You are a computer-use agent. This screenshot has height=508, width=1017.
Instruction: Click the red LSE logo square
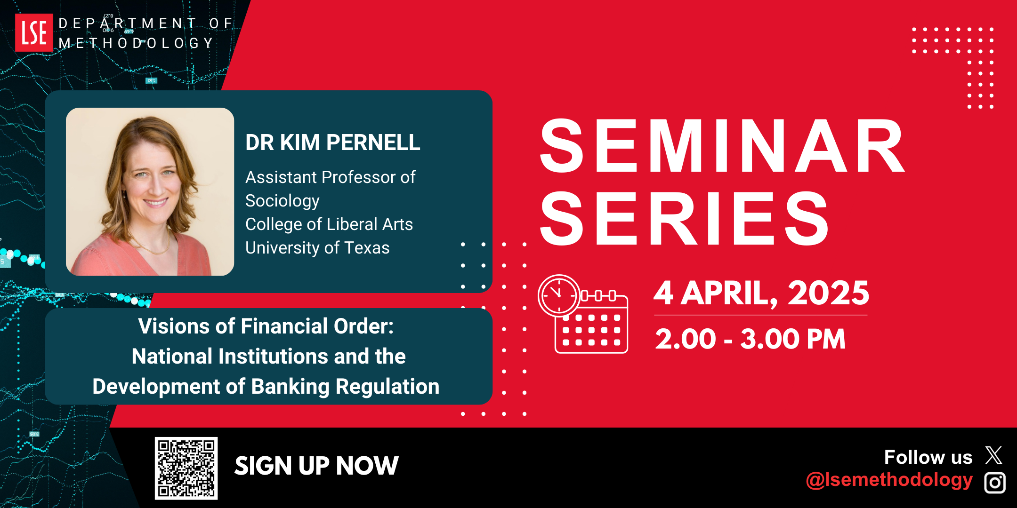(34, 32)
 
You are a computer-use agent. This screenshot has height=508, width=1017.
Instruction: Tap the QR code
(186, 468)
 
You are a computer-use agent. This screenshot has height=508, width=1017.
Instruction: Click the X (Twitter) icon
(994, 455)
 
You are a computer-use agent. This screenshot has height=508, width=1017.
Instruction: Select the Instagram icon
(995, 483)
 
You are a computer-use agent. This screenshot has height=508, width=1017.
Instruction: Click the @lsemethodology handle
(889, 480)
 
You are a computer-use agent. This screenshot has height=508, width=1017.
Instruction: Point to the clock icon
(559, 295)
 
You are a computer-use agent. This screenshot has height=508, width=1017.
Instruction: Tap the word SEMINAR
(722, 146)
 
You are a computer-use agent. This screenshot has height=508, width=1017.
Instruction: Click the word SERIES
(685, 219)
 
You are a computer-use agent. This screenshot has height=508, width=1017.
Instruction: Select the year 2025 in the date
(829, 293)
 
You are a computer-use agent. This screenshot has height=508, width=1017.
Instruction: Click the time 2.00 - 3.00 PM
(751, 339)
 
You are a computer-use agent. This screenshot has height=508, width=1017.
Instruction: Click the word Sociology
(282, 201)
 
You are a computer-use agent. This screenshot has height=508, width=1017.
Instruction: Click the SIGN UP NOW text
(316, 466)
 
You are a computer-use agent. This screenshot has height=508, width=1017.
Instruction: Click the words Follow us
(928, 457)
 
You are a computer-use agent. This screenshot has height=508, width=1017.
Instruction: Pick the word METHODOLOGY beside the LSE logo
(136, 43)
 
